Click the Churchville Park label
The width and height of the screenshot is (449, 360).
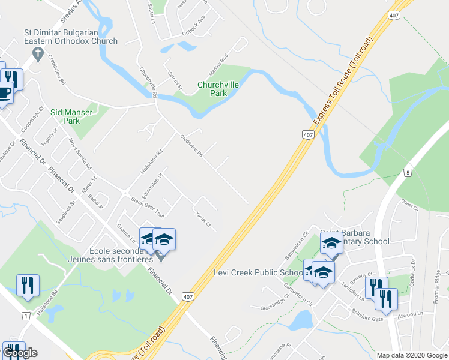[218, 89]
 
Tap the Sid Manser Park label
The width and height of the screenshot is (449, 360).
[71, 116]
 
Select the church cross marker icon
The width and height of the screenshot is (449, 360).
[38, 55]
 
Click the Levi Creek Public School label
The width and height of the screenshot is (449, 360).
[259, 272]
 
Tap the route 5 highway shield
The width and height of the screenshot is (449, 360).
[408, 173]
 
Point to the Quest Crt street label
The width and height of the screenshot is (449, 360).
[409, 206]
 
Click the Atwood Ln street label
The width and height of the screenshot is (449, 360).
[412, 313]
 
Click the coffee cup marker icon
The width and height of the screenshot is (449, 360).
[5, 94]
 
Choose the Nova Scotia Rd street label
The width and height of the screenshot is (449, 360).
[79, 154]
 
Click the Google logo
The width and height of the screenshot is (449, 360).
[20, 353]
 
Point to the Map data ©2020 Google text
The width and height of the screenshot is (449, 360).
[411, 355]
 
